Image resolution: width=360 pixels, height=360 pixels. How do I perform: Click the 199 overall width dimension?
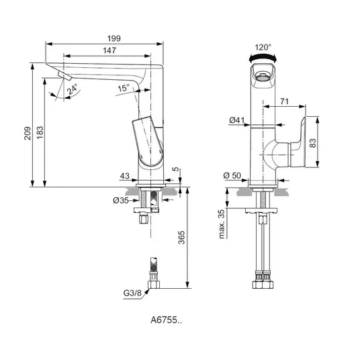[114, 38]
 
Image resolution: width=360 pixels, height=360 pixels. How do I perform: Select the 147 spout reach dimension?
[109, 50]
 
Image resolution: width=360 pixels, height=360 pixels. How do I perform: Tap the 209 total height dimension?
[28, 133]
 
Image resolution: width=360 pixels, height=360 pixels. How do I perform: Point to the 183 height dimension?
[40, 132]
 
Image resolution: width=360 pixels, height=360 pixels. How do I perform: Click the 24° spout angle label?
[73, 89]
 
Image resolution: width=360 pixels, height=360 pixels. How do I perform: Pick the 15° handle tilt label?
[124, 88]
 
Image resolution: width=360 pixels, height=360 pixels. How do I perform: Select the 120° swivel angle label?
[263, 47]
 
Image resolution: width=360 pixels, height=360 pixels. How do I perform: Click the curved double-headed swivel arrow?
[263, 56]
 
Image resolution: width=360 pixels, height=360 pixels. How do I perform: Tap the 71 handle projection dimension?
[284, 101]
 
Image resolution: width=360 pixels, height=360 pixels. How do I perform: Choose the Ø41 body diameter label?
[237, 120]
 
